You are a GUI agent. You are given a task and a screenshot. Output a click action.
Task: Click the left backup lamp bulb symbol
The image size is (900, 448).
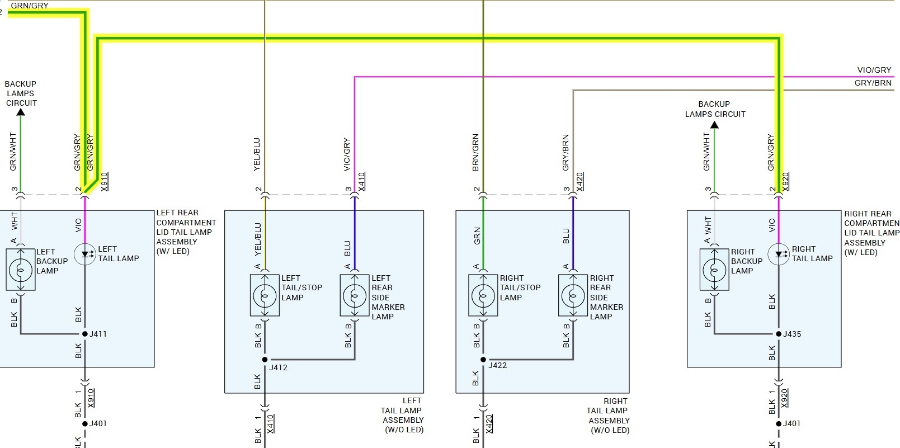[x=21, y=270]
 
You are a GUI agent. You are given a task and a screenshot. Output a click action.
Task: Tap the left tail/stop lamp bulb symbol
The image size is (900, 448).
[x=265, y=295]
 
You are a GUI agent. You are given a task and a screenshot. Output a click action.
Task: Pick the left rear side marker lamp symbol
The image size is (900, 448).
[x=355, y=295]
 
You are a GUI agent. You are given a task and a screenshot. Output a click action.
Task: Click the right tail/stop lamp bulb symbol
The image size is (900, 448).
[x=483, y=295]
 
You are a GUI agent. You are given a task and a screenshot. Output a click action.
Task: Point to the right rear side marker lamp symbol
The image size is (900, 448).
[x=573, y=295]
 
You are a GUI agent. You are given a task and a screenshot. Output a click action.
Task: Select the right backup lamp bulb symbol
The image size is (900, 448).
[x=714, y=270]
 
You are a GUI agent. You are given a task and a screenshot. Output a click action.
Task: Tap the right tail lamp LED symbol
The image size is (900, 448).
[x=779, y=254]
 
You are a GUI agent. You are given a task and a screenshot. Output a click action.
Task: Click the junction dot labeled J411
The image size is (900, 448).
[x=85, y=334]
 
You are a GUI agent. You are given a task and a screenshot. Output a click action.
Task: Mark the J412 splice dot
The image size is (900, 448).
[x=265, y=360]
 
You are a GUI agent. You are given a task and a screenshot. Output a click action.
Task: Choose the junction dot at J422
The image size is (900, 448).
[x=483, y=360]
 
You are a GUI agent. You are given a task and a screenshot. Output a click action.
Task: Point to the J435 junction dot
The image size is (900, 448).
[x=779, y=334]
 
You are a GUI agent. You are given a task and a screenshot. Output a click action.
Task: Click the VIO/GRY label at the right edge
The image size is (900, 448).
[x=874, y=70]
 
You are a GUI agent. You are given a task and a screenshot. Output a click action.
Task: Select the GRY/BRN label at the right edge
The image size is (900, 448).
[x=873, y=83]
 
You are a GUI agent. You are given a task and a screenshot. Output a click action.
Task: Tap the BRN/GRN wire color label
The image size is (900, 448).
[x=475, y=152]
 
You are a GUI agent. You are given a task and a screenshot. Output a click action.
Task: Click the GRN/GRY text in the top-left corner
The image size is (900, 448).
[x=30, y=6]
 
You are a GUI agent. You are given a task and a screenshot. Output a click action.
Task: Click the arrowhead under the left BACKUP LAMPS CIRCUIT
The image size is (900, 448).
[x=21, y=112]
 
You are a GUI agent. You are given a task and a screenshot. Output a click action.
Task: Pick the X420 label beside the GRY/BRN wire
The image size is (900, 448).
[x=580, y=181]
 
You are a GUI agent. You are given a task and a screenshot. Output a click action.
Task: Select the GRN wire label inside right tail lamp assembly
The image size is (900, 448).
[x=477, y=235]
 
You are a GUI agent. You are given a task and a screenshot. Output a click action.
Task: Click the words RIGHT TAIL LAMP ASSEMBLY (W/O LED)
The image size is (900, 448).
[x=608, y=416]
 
